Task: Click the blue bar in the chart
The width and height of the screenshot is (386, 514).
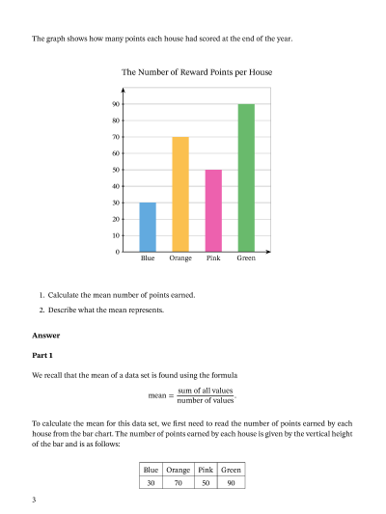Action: click(x=148, y=227)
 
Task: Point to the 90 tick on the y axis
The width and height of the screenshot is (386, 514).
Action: click(x=116, y=104)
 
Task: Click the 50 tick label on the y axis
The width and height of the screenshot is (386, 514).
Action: click(x=116, y=170)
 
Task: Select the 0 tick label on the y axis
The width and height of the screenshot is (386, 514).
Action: click(x=118, y=252)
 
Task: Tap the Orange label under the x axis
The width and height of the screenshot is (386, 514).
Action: click(x=180, y=259)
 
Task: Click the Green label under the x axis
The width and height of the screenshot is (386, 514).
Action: click(x=246, y=259)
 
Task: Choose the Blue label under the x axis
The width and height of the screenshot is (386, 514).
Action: click(x=148, y=259)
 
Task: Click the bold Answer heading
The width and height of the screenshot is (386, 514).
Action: click(x=46, y=336)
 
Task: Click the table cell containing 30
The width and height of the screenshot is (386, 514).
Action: click(x=151, y=482)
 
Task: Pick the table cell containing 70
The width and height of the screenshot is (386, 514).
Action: click(x=179, y=482)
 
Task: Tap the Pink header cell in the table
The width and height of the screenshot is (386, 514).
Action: click(x=206, y=470)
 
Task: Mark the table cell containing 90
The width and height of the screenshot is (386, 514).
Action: click(x=232, y=482)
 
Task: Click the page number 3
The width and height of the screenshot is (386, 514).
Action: click(x=34, y=500)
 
